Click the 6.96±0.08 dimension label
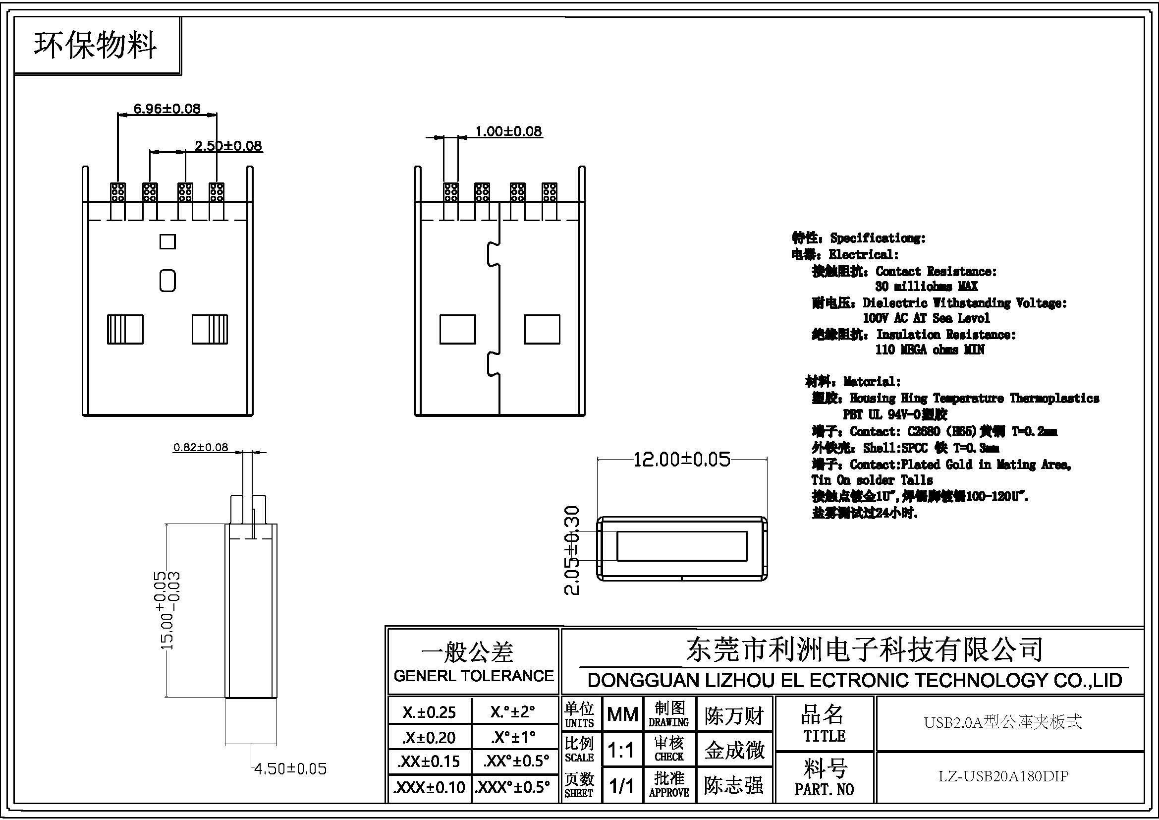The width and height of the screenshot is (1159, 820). [166, 109]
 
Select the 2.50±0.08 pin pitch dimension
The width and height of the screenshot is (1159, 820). [228, 146]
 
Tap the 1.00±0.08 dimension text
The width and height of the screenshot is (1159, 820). [508, 131]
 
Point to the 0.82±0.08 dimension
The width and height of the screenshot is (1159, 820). [200, 447]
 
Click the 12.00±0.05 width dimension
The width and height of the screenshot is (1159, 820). [681, 459]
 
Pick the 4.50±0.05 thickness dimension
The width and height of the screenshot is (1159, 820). [290, 769]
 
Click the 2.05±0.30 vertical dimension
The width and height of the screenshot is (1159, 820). [571, 550]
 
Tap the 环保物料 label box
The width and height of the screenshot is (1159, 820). [96, 46]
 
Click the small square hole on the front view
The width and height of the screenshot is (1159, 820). [167, 241]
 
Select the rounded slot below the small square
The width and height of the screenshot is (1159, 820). [167, 281]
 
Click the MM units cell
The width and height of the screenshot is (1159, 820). [622, 714]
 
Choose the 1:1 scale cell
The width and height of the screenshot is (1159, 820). [621, 750]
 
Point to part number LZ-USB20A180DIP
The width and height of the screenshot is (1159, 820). [1003, 776]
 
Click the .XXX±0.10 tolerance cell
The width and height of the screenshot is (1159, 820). [430, 787]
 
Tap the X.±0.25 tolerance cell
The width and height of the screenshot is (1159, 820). [429, 712]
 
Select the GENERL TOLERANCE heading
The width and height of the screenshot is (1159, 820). [473, 676]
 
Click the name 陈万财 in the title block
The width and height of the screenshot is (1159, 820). [734, 715]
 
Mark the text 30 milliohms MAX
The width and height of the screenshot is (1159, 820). [926, 286]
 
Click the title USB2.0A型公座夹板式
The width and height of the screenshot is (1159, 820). [1002, 722]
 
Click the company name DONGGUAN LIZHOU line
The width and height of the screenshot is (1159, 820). [855, 681]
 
